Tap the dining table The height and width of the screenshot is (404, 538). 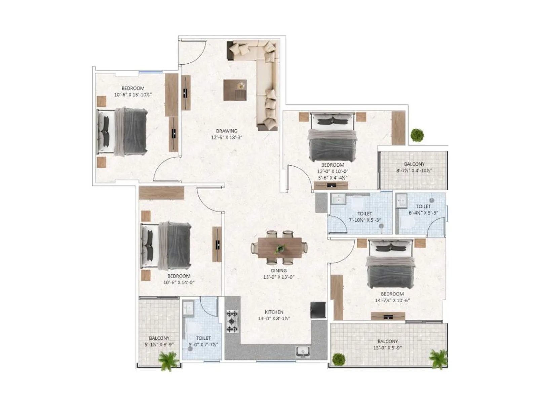[279, 248]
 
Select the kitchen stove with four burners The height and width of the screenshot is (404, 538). [232, 322]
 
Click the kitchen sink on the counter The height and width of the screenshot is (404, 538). [303, 352]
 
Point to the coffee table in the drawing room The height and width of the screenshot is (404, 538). [235, 90]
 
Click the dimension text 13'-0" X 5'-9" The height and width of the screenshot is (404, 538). [388, 348]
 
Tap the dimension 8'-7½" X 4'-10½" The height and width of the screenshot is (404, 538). [414, 170]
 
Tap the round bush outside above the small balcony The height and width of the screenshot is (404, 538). [417, 135]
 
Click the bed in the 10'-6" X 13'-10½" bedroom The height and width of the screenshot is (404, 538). [122, 132]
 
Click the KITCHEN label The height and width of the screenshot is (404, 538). [274, 312]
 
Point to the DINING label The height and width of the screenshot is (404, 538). [279, 270]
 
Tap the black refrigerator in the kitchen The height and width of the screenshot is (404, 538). [318, 310]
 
